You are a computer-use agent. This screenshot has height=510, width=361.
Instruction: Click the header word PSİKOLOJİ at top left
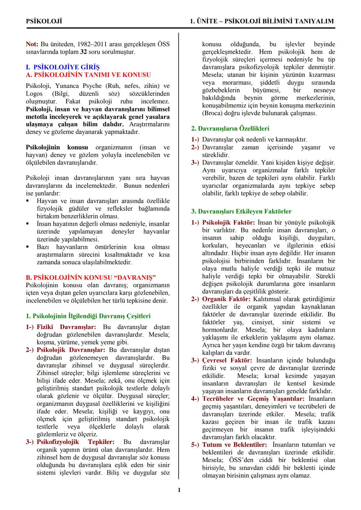point(44,21)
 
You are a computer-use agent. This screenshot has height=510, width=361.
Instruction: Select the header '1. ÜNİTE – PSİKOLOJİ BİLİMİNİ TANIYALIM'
point(262,21)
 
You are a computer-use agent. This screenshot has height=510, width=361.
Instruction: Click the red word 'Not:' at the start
point(32,44)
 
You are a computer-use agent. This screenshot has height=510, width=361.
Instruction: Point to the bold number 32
point(84,52)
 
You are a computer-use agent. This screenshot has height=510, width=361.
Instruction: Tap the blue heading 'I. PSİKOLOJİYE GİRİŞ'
point(63,67)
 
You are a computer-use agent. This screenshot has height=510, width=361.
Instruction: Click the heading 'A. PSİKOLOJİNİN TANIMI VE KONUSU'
point(88,75)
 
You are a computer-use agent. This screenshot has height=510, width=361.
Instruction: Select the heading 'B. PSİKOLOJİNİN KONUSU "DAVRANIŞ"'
point(91,278)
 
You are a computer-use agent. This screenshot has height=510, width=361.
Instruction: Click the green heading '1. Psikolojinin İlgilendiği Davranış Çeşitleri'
point(88,316)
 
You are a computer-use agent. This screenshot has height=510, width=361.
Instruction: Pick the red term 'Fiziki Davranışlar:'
point(66,327)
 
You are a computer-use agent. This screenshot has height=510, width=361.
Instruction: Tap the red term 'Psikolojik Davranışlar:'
point(71,350)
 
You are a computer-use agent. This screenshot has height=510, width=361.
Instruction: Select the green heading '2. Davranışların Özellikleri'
point(230,129)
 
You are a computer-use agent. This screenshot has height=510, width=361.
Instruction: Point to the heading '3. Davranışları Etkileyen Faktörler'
point(241,211)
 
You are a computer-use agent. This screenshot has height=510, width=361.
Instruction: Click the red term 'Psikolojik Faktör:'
point(228,222)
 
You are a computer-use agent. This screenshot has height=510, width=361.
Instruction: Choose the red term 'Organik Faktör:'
point(226,299)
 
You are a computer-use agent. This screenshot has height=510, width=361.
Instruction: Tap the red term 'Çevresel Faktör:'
point(227,360)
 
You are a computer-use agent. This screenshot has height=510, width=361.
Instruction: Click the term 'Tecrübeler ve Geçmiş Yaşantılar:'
point(253,399)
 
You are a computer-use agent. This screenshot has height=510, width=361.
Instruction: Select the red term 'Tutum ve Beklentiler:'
point(235,445)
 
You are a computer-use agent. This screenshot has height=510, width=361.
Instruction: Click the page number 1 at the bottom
point(179,490)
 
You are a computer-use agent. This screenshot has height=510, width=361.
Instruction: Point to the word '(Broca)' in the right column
point(213,113)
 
